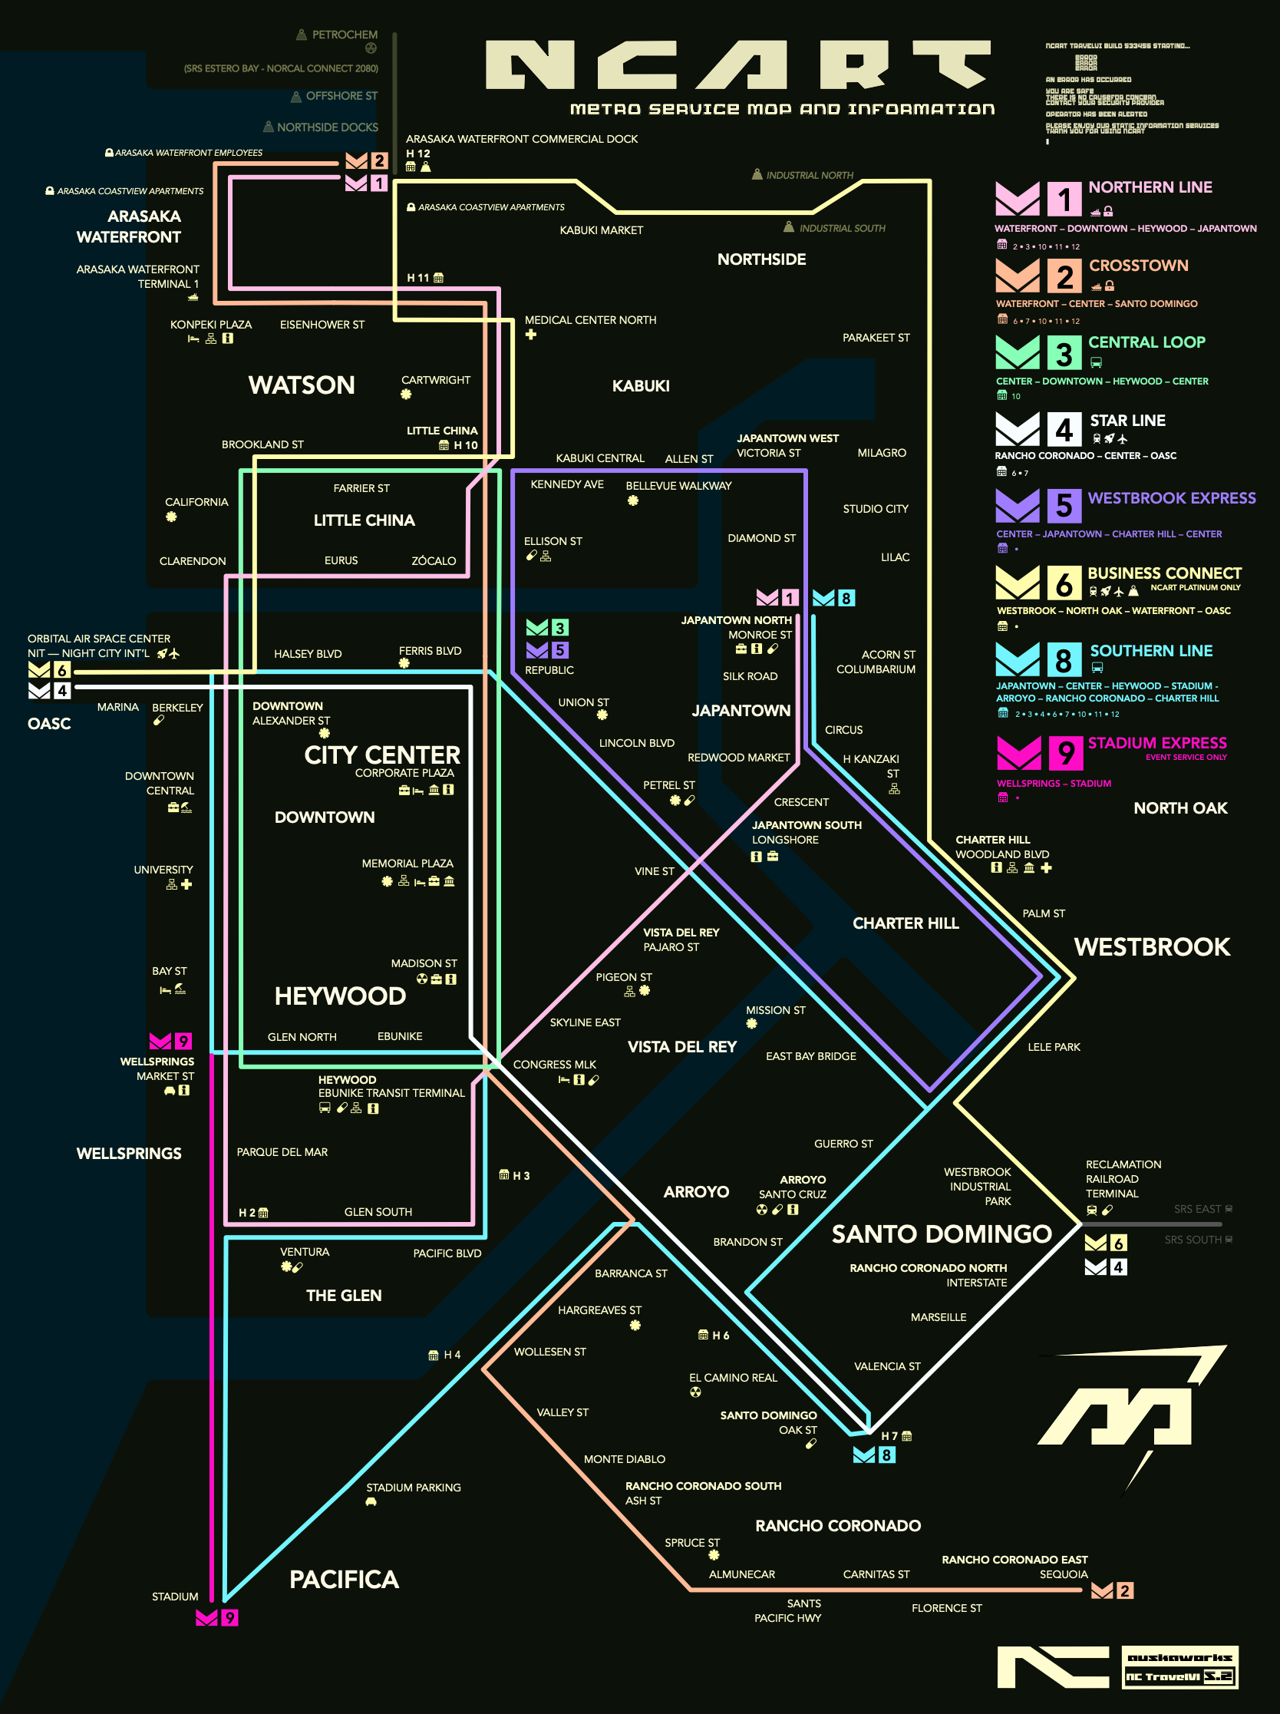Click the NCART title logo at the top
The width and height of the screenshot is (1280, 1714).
point(737,65)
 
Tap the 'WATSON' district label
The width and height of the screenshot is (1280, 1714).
point(302,385)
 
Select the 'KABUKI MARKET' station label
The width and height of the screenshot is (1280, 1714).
point(602,230)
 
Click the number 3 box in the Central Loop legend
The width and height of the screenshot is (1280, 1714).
point(1064,353)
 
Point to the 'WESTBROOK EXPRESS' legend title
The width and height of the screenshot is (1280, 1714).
point(1171,498)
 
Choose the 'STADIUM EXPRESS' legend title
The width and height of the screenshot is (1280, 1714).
point(1156,743)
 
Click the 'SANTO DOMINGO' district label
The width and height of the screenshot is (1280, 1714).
point(942,1233)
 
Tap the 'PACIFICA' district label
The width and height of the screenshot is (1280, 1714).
point(344,1579)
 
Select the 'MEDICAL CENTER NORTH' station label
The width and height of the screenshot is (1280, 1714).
point(590,320)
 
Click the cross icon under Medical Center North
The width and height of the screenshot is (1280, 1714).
point(531,335)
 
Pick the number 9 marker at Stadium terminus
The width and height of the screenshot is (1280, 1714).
point(229,1618)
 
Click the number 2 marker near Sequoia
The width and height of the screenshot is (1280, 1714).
point(1124,1590)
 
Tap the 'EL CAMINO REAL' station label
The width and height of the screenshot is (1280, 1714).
point(733,1378)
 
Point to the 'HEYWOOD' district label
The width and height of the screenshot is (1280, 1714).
point(340,996)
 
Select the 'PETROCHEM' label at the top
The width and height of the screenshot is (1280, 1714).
point(345,35)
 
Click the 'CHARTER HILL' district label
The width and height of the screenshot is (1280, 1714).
point(906,923)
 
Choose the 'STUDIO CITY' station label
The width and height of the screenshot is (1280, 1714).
point(876,509)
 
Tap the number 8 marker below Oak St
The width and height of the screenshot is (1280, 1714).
point(886,1455)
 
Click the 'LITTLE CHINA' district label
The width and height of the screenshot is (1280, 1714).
point(365,520)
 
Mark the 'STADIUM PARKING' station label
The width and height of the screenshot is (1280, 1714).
point(413,1488)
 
